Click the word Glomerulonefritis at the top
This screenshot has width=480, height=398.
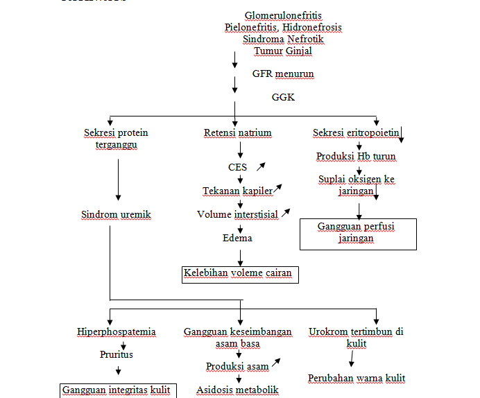[x=283, y=15]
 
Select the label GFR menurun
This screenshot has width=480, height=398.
[x=283, y=73]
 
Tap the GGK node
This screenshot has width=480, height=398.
[x=283, y=98]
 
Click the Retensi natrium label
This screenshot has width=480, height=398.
[x=238, y=132]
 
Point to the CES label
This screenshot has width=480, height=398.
[x=237, y=167]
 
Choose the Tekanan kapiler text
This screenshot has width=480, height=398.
[x=237, y=191]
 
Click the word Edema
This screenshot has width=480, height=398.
[x=237, y=238]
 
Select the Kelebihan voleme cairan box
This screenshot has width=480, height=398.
[x=238, y=274]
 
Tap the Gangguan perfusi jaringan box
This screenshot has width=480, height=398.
[x=357, y=233]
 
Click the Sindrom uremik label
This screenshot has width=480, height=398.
[x=116, y=214]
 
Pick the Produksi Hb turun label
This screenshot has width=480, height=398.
[x=356, y=156]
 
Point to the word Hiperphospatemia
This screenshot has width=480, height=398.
[x=116, y=332]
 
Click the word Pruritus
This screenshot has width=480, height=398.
[x=116, y=354]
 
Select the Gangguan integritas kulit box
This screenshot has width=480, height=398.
[x=116, y=390]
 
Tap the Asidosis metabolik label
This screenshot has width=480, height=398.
[x=238, y=390]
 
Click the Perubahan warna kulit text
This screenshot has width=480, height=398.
[x=357, y=378]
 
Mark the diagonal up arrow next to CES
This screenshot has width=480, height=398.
[x=262, y=166]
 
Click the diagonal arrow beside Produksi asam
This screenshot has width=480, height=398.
[x=277, y=362]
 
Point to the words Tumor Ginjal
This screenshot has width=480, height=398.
[x=283, y=51]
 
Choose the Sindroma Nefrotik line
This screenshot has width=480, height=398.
[x=283, y=39]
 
